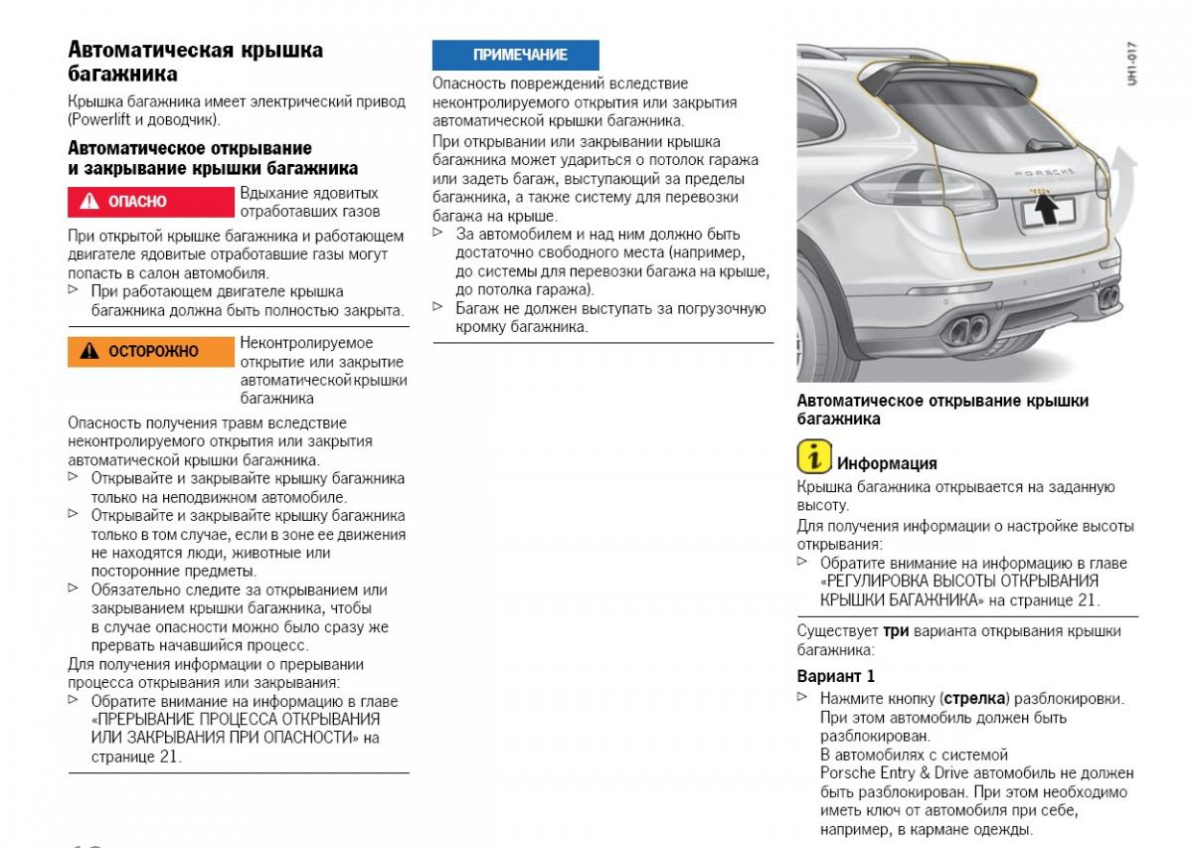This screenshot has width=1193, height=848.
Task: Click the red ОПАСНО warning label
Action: (152, 202)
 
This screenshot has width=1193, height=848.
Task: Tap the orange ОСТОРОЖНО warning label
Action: (152, 352)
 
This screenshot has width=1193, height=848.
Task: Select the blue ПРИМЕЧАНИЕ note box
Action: (515, 55)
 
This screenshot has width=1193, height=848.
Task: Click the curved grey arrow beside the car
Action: (1124, 175)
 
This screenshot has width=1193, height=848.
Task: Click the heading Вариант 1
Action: (836, 676)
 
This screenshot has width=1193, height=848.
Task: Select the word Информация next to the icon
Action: (887, 463)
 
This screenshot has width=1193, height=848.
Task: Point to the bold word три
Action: (895, 631)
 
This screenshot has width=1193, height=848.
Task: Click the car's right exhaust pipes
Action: (1108, 295)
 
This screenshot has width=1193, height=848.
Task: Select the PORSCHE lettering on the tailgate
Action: (1043, 172)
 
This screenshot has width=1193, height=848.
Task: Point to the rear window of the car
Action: (979, 109)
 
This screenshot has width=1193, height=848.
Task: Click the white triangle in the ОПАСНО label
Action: (89, 202)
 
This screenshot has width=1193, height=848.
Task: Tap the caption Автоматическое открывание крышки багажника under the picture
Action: (942, 410)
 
